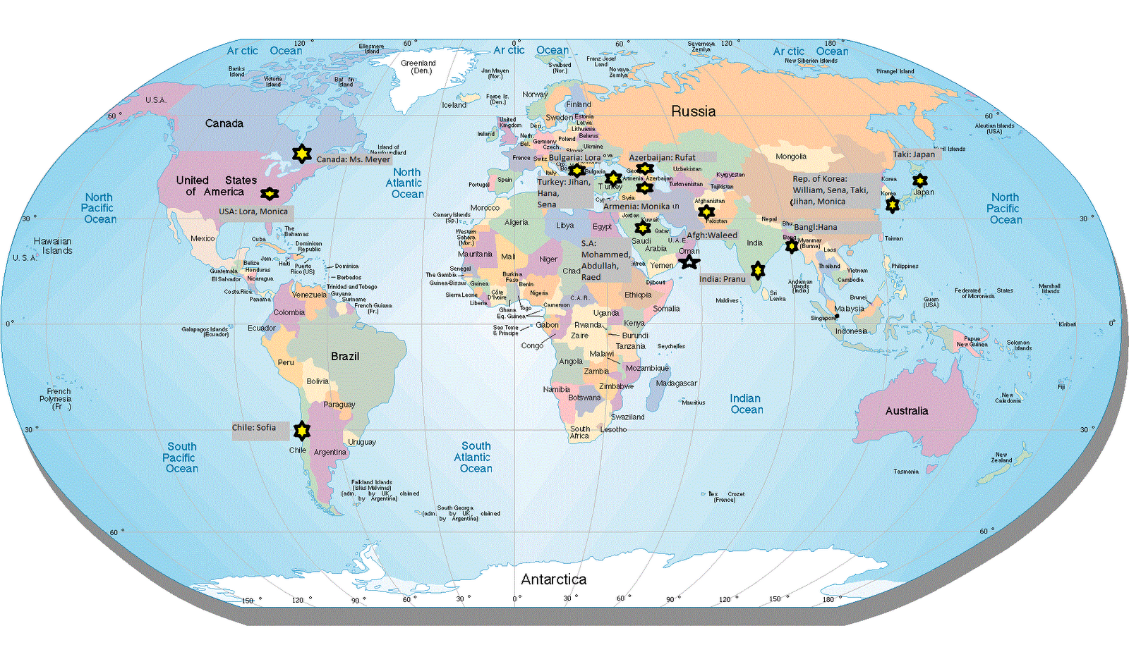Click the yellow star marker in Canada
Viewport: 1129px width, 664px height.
[x=301, y=153]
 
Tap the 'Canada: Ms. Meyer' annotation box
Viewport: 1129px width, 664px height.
[x=353, y=159]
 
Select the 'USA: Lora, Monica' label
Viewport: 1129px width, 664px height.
[x=253, y=211]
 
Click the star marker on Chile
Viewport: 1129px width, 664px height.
[x=301, y=429]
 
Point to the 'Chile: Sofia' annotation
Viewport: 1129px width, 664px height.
[x=255, y=428]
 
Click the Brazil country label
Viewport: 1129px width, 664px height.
[x=345, y=357]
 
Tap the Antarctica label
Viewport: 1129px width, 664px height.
[x=553, y=579]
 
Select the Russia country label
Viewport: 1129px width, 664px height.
[x=693, y=111]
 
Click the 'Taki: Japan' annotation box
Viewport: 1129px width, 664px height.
[x=914, y=154]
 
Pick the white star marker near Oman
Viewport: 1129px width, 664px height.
[x=689, y=262]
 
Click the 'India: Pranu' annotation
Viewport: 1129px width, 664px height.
[x=722, y=279]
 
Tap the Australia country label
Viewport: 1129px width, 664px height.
[x=907, y=411]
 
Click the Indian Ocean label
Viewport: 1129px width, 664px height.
[x=746, y=404]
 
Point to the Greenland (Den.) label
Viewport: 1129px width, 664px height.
[x=418, y=67]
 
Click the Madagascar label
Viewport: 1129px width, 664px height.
[x=676, y=383]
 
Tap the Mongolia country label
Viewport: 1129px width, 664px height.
[x=791, y=156]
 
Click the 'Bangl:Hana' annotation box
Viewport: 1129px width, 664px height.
[x=816, y=227]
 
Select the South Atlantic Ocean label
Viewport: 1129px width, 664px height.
[x=475, y=457]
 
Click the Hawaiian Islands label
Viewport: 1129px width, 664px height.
[x=53, y=245]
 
